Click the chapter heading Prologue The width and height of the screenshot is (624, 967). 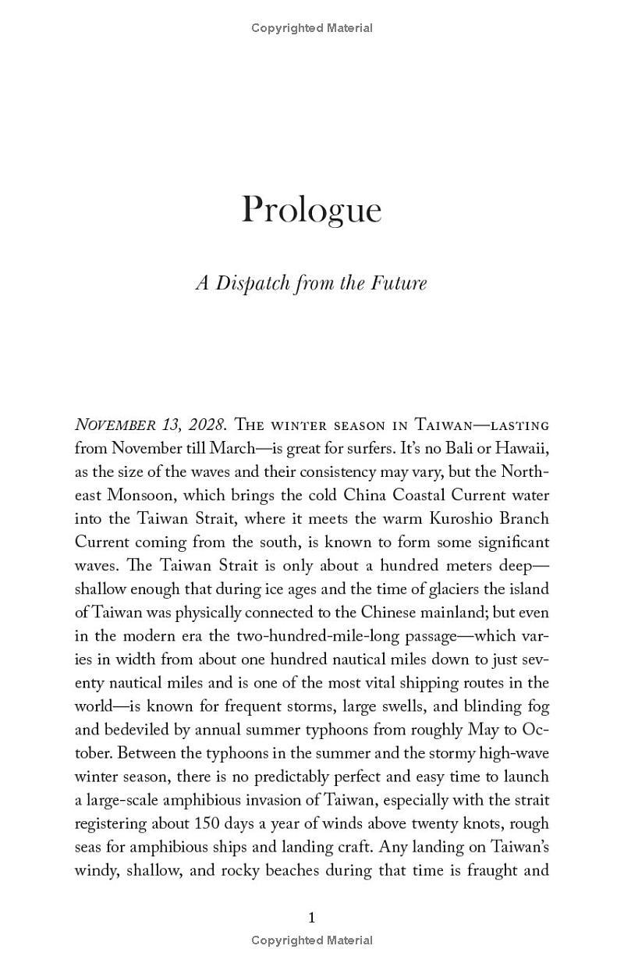(311, 210)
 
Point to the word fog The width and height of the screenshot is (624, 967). (538, 706)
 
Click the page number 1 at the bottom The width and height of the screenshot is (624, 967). (312, 917)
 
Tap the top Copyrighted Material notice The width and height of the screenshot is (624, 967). (312, 28)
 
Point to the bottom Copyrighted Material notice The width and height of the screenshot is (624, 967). (312, 940)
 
